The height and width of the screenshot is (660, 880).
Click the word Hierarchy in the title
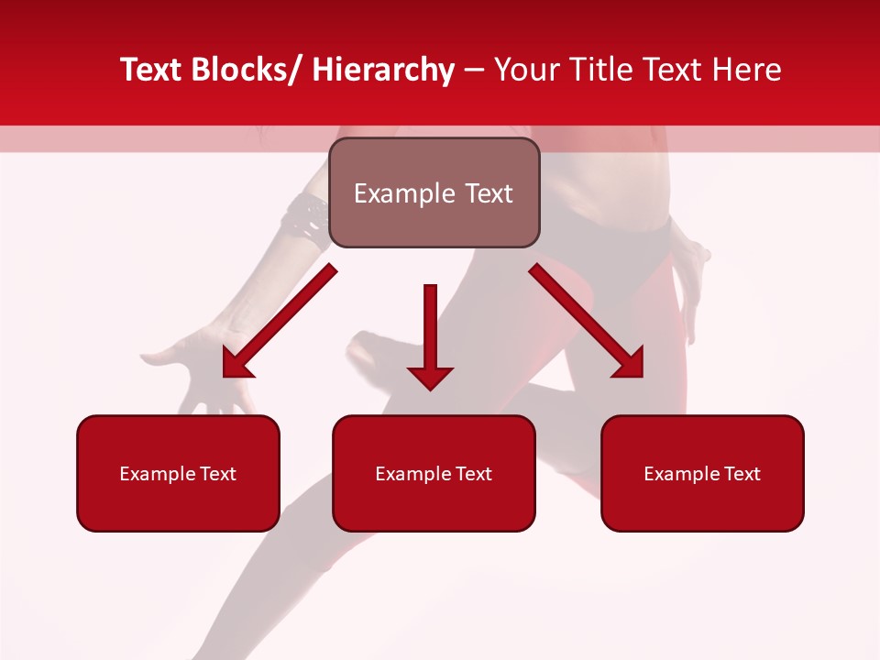tap(383, 70)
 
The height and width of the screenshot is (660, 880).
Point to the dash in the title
tap(474, 71)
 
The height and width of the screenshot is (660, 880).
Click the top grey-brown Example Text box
tap(434, 192)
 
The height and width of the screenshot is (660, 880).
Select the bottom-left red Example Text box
tap(178, 473)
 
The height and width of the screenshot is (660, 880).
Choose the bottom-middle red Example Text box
tap(434, 473)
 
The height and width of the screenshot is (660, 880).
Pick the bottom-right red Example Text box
tap(702, 473)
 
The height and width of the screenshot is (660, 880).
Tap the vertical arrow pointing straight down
tap(430, 335)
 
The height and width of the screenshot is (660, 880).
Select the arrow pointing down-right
tap(587, 321)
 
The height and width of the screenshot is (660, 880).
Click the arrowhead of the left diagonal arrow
tap(236, 365)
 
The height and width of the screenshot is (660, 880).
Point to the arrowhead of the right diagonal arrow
tap(631, 365)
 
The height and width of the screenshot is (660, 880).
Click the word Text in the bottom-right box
tap(742, 474)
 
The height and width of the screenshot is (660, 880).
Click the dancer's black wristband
tap(305, 217)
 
